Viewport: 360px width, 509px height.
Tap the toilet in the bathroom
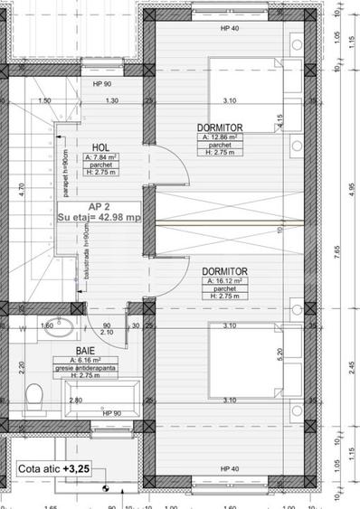(35, 395)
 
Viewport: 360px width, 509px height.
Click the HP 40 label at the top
(232, 28)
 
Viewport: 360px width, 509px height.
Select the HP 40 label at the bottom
(232, 468)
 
